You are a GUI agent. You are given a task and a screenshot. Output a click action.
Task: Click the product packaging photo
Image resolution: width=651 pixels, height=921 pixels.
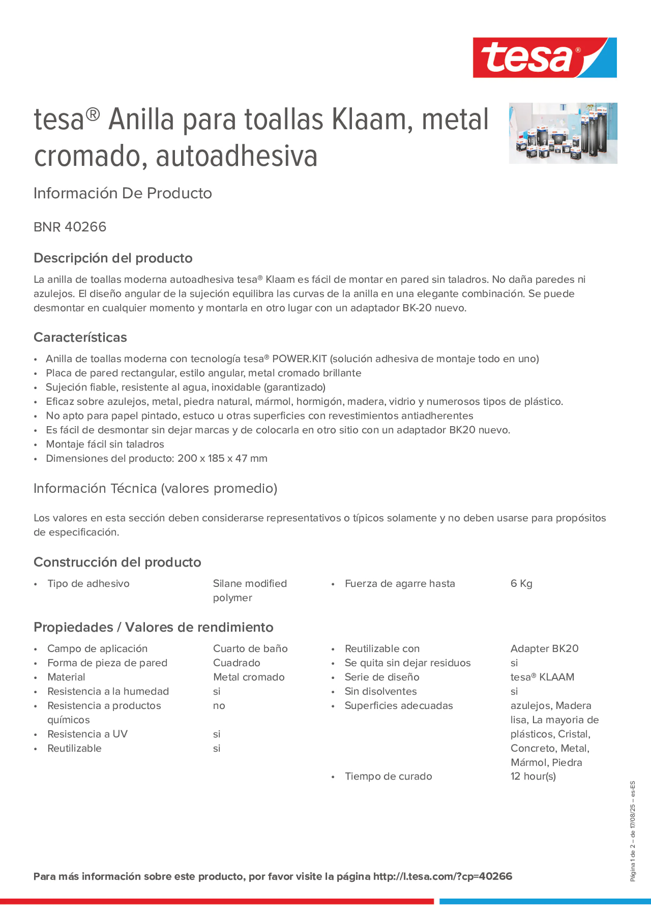(563, 133)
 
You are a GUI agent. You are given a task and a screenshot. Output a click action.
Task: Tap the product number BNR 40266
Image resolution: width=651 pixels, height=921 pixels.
(70, 227)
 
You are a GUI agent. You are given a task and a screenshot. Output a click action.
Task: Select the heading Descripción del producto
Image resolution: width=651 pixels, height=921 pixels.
(113, 258)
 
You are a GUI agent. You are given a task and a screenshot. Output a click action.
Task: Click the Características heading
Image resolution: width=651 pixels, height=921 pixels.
(80, 337)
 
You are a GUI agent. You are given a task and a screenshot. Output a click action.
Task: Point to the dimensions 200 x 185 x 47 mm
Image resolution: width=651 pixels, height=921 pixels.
(223, 458)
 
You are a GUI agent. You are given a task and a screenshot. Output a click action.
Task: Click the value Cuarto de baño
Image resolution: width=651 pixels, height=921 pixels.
(250, 649)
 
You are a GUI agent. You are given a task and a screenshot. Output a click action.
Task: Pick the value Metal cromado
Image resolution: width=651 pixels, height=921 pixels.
(248, 677)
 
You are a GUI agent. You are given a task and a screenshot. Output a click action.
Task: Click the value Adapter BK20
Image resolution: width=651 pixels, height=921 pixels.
(544, 649)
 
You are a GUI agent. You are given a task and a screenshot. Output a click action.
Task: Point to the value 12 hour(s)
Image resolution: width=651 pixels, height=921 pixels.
(533, 776)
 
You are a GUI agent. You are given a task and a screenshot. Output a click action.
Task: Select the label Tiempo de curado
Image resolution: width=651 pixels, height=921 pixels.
(388, 776)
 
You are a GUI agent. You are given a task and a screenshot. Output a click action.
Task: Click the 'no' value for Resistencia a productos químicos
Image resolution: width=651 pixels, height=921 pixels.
(219, 705)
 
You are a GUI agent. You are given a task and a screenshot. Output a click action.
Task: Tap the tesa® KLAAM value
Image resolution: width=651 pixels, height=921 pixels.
(542, 677)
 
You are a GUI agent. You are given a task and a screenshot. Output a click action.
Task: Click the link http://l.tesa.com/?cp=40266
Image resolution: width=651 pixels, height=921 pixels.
(442, 876)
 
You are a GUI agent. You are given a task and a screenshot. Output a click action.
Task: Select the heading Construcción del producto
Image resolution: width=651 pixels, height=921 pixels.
(117, 562)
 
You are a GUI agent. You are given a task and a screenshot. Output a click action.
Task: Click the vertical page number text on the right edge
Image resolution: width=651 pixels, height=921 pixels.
(632, 831)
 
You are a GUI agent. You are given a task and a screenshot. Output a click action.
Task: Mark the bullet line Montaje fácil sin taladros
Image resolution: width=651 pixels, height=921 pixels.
(105, 444)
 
